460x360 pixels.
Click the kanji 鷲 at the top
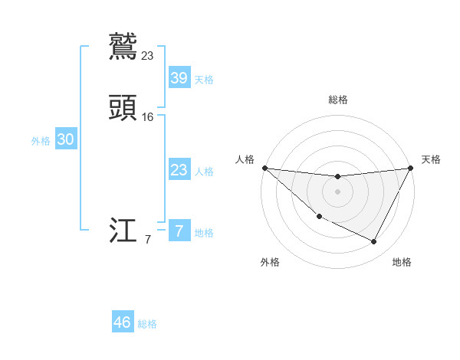click(x=123, y=46)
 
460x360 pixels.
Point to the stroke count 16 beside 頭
click(x=148, y=117)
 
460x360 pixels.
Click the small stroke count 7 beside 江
click(x=148, y=240)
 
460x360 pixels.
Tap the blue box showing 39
click(x=179, y=77)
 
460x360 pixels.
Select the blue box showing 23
click(x=179, y=170)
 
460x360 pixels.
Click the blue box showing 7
click(x=179, y=231)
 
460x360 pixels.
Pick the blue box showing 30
click(x=66, y=139)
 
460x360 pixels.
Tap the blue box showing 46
click(x=123, y=322)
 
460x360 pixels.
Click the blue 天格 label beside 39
click(x=204, y=79)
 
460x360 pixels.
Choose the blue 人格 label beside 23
click(x=204, y=172)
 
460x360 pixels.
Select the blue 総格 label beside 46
click(x=147, y=324)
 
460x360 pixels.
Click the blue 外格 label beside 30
click(x=41, y=141)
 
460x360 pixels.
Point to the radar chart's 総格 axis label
click(x=337, y=100)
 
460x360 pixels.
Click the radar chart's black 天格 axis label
click(x=431, y=159)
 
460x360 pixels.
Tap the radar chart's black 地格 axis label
click(x=402, y=262)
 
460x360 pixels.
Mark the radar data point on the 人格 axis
click(x=264, y=168)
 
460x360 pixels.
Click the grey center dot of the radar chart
click(x=337, y=191)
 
